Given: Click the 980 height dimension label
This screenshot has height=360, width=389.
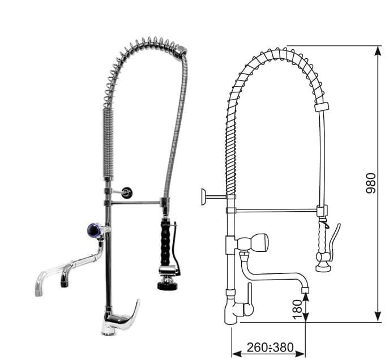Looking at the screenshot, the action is click(371, 183).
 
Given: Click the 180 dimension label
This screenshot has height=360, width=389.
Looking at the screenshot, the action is click(297, 310).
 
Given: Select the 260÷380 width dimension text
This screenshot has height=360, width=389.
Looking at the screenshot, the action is click(270, 348).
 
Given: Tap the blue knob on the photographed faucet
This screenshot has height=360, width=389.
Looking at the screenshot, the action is click(94, 230).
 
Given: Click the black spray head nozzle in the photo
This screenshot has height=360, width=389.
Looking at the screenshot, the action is click(168, 284).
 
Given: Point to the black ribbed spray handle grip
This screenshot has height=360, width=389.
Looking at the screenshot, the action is click(166, 242).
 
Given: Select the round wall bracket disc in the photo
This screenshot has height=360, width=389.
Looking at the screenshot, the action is click(127, 192).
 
